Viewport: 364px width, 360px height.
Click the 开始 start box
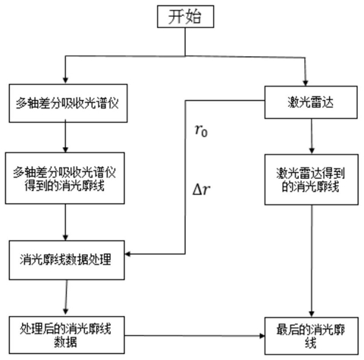(x=186, y=17)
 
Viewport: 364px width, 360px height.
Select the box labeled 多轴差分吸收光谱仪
(x=68, y=103)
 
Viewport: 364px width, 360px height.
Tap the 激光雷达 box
(x=311, y=102)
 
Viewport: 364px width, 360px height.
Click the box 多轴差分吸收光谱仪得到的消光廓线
(x=65, y=178)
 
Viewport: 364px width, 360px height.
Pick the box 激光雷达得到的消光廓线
(x=312, y=180)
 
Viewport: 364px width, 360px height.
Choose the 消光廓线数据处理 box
(x=67, y=260)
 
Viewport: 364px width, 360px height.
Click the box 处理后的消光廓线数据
(x=67, y=335)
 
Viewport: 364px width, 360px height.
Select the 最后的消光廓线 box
(x=312, y=336)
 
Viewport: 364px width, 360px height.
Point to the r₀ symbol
(x=201, y=130)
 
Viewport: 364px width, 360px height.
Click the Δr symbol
(x=202, y=189)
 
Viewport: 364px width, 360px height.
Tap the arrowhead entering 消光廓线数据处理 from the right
(x=127, y=254)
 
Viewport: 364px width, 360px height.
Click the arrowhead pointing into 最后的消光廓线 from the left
(x=262, y=336)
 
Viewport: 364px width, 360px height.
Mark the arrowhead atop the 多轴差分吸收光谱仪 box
(x=65, y=80)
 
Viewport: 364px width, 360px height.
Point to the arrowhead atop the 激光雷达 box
(x=306, y=83)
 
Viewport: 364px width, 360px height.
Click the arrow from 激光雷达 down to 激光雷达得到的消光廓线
(x=312, y=136)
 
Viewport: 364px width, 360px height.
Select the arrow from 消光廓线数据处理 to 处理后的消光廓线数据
(x=66, y=298)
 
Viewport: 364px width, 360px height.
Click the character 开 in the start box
(x=176, y=17)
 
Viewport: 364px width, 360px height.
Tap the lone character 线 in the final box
(x=311, y=343)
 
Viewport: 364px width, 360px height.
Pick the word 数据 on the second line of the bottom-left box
(x=65, y=342)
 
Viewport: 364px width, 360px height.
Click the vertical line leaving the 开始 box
(x=185, y=42)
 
